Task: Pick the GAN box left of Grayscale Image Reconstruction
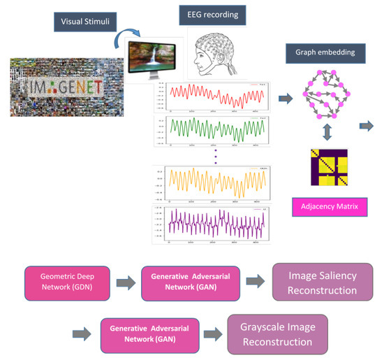pos(147,330)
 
